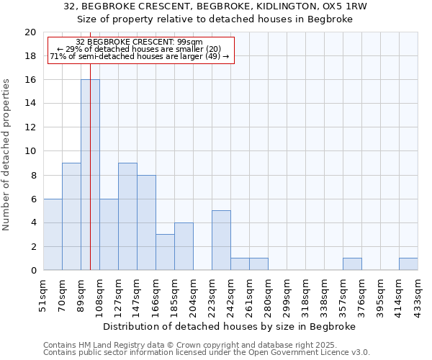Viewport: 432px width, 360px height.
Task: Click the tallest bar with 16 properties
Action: (x=90, y=175)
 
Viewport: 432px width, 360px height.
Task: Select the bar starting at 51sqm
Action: (x=53, y=235)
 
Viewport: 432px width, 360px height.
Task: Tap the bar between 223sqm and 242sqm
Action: (x=221, y=240)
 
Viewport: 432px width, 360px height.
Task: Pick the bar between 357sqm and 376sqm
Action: (x=352, y=264)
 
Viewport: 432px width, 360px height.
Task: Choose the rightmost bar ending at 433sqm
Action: (x=408, y=264)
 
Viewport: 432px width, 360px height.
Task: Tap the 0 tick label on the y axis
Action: (x=33, y=271)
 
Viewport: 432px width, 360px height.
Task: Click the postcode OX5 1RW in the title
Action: (x=343, y=6)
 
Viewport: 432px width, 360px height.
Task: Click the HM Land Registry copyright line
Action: (x=179, y=345)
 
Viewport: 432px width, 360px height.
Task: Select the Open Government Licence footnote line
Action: (x=207, y=353)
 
